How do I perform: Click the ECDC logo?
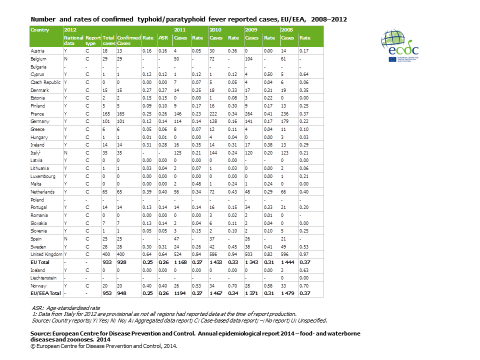400,46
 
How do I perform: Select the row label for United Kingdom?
45,254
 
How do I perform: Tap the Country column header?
40,30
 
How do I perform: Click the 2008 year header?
287,30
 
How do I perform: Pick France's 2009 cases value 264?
250,113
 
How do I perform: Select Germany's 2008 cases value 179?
285,121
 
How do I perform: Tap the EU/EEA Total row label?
45,293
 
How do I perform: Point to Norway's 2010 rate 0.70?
233,285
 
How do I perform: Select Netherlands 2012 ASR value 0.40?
162,192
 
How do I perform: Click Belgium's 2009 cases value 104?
250,59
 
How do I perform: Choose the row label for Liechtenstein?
44,278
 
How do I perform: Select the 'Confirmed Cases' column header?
129,40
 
